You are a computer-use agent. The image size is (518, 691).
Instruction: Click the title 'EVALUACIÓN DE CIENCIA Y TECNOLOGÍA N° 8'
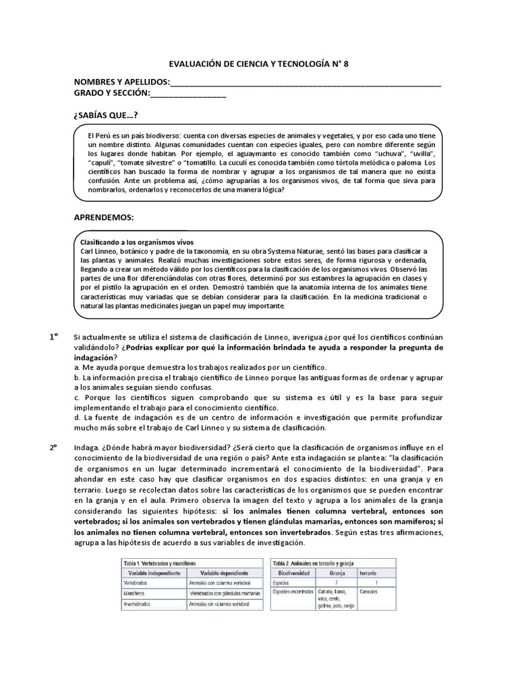258,65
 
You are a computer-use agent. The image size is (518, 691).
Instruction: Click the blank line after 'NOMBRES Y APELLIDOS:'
306,84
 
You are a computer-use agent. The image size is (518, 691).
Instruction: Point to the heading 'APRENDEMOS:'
103,217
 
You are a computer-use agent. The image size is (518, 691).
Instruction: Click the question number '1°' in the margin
53,336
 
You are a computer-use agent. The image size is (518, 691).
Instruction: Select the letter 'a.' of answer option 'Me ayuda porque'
78,366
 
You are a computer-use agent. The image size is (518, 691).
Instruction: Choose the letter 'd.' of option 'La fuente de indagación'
78,418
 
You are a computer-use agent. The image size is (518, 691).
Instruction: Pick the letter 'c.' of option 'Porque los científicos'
78,397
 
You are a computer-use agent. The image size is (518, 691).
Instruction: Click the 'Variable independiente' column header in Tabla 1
151,572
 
